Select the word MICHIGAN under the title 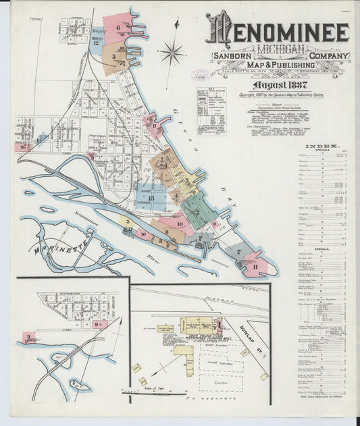pyautogui.click(x=278, y=51)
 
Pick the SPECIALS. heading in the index pyautogui.click(x=322, y=249)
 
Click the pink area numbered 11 pyautogui.click(x=255, y=266)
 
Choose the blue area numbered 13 pyautogui.click(x=152, y=198)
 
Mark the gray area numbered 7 pyautogui.click(x=238, y=252)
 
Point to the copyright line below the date pyautogui.click(x=281, y=96)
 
